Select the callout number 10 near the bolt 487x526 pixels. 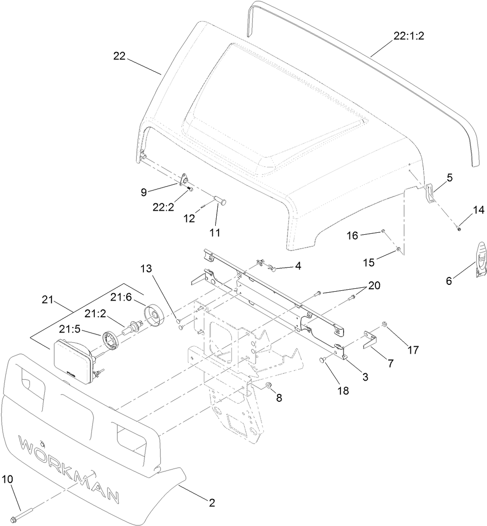tap(8, 479)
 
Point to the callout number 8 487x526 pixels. tap(279, 398)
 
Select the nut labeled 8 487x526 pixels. tap(269, 387)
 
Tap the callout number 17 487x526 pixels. tap(412, 350)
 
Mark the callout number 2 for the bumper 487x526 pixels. tap(212, 502)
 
